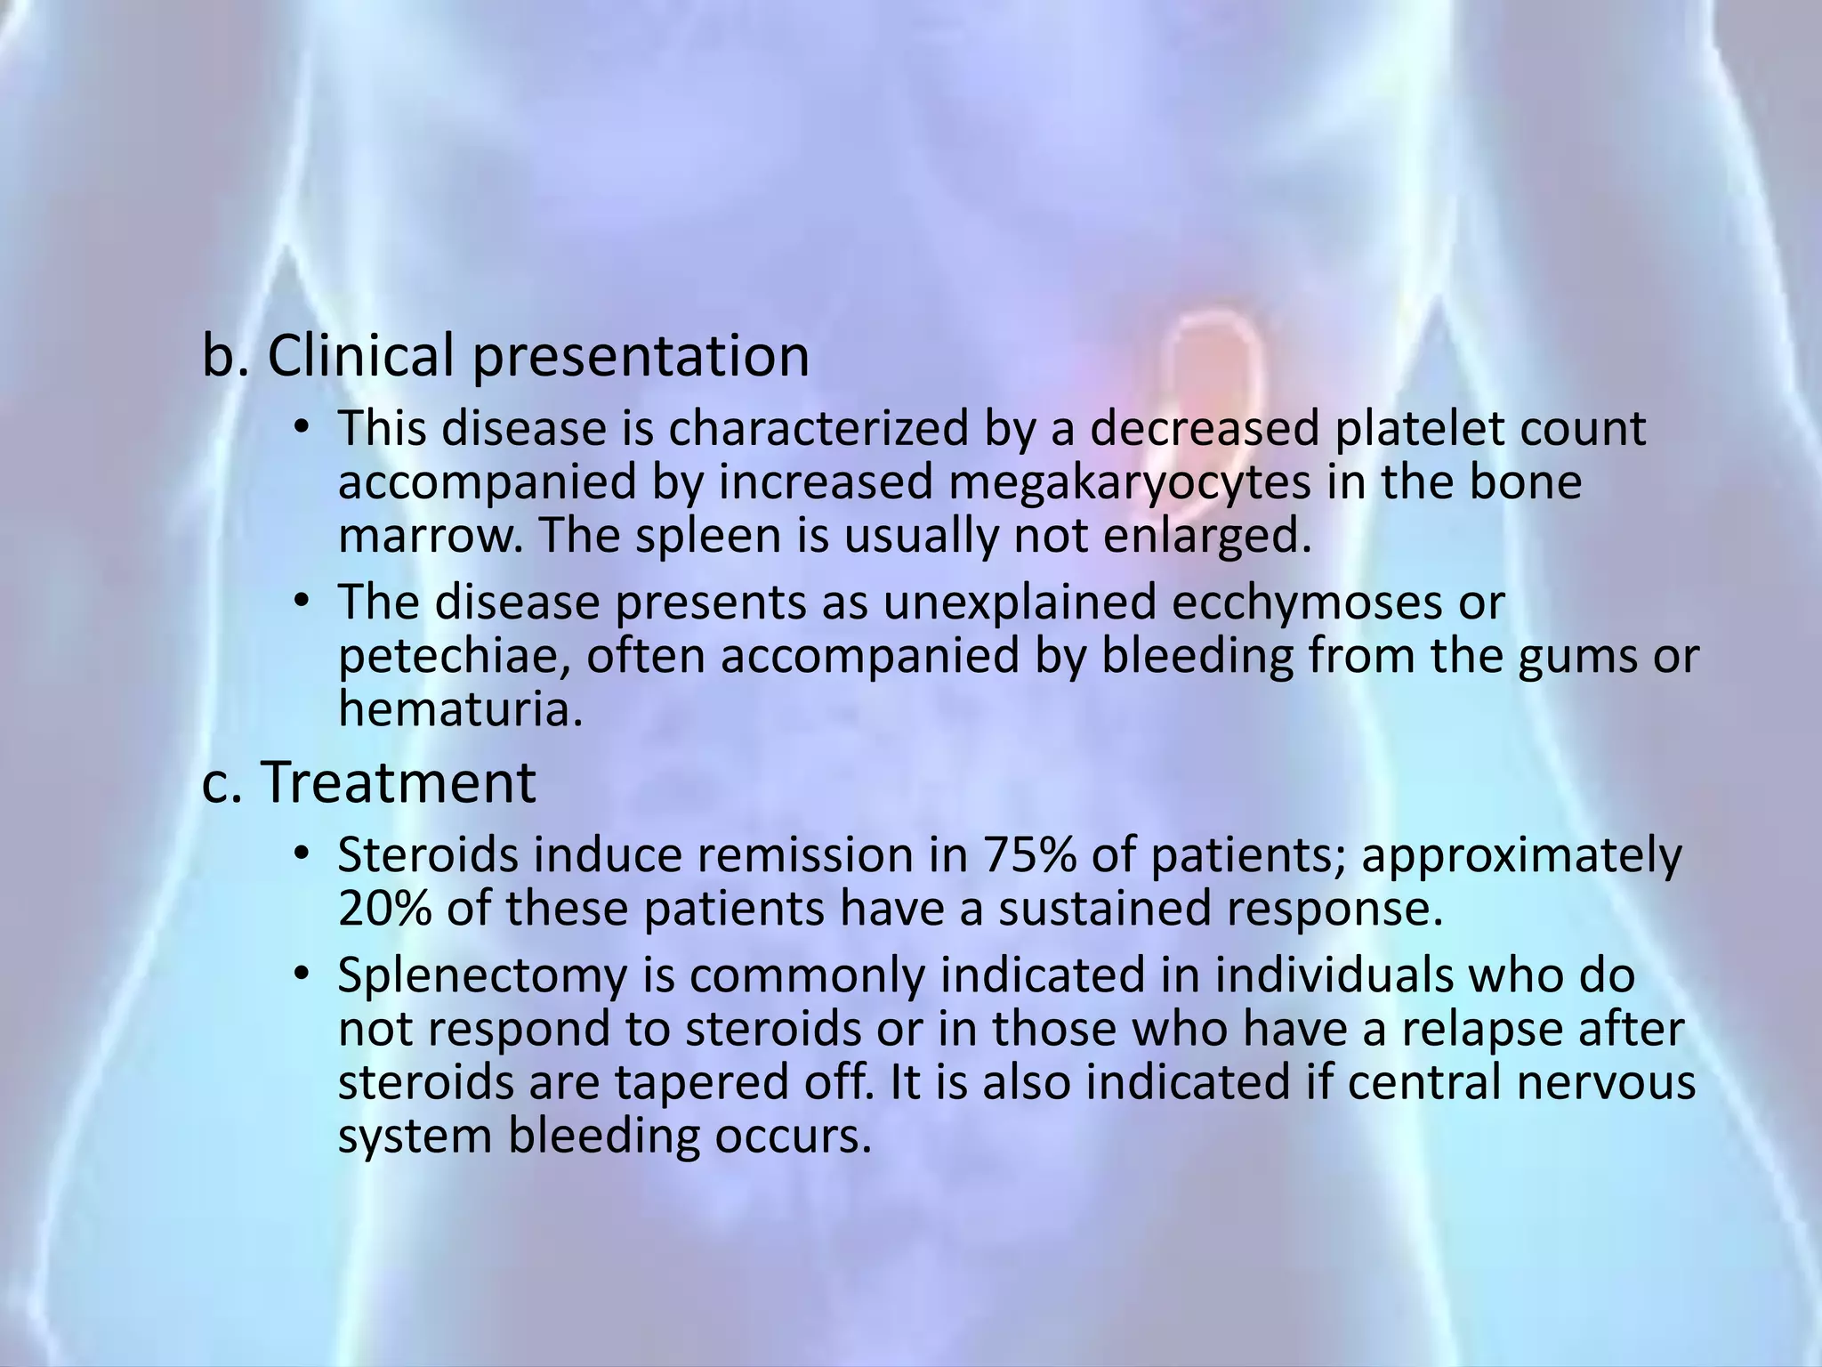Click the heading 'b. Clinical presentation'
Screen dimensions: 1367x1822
pyautogui.click(x=505, y=356)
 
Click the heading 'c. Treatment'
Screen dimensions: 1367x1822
pyautogui.click(x=368, y=783)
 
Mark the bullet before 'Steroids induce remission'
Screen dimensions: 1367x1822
pyautogui.click(x=302, y=855)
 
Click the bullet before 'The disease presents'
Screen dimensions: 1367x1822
pyautogui.click(x=302, y=602)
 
